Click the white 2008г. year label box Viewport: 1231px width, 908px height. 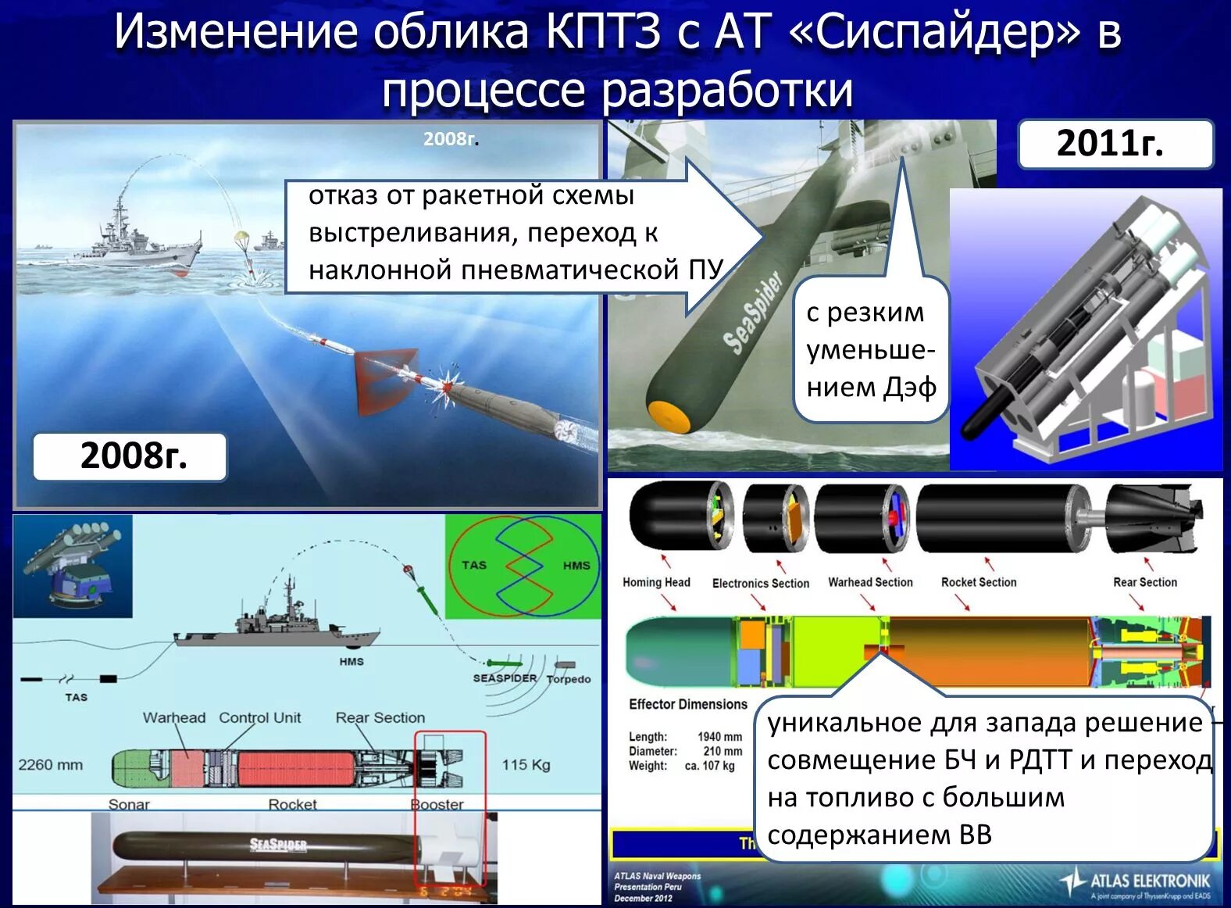(x=130, y=456)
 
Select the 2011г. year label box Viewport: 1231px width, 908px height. (x=1115, y=144)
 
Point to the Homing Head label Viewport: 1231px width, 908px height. (x=656, y=582)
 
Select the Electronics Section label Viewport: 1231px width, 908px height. (x=760, y=583)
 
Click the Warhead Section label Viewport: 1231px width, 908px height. (x=870, y=582)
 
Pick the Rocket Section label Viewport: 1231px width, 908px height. (x=979, y=582)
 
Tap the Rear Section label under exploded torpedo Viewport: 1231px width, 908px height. (x=1144, y=582)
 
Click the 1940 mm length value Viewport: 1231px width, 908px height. (x=719, y=737)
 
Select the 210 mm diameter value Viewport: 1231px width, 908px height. (x=723, y=751)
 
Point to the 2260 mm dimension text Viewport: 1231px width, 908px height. (x=51, y=765)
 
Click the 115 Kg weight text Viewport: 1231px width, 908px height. (x=526, y=764)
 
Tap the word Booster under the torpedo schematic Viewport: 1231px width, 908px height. (x=437, y=804)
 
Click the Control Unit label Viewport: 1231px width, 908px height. (x=259, y=717)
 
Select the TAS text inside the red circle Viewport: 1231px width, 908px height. (x=473, y=565)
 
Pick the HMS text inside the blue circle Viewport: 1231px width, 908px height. (x=576, y=565)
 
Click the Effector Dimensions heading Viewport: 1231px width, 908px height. (x=688, y=704)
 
